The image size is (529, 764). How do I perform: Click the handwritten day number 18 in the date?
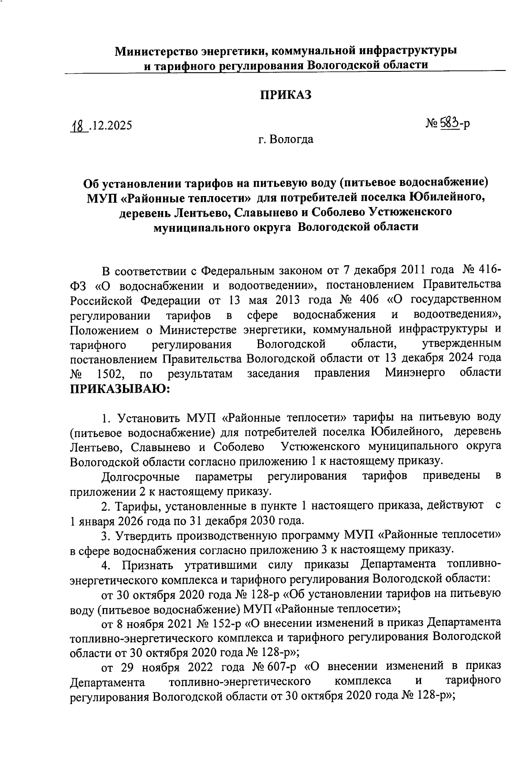77,125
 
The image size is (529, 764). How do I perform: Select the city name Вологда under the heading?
292,140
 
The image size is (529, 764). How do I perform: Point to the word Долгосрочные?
140,477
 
